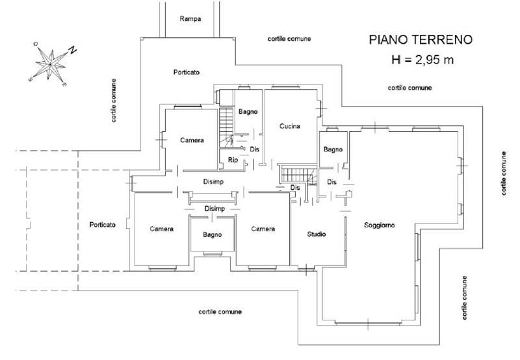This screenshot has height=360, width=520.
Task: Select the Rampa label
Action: point(190,19)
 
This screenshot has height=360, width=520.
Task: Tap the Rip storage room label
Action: point(232,160)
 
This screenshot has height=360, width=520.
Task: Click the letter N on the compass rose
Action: point(73,49)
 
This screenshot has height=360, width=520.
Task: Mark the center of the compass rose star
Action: point(49,65)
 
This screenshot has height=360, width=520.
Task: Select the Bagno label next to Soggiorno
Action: point(333,149)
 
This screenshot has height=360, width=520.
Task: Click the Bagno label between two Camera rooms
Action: point(212,235)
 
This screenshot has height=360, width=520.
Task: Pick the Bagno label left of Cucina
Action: point(248,112)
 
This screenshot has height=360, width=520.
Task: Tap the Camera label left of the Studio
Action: point(263,229)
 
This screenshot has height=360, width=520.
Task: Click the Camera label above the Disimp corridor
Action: point(192,140)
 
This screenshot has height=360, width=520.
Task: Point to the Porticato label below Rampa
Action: point(187,71)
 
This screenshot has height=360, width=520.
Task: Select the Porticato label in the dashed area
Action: point(102,225)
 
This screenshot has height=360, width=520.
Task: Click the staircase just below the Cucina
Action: point(296,174)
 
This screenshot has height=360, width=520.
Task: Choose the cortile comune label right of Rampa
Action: point(289,39)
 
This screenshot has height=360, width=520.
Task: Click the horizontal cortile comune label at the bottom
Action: point(220,312)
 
